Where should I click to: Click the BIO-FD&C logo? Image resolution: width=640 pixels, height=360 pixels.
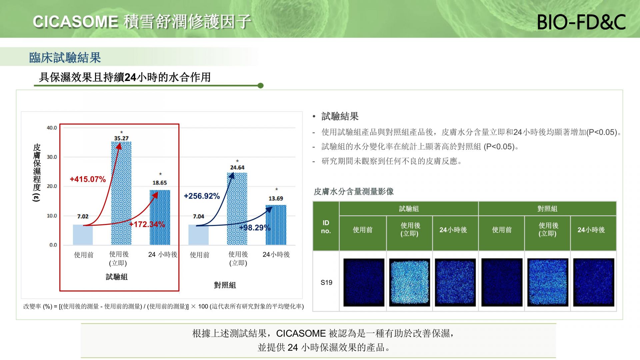(x=581, y=22)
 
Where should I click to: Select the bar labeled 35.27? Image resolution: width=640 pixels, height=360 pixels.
(x=121, y=193)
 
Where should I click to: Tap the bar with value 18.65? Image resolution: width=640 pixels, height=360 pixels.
(x=160, y=218)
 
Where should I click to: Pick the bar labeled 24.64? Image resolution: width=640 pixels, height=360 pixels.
(x=237, y=209)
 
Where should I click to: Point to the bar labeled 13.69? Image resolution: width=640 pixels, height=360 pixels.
(x=276, y=225)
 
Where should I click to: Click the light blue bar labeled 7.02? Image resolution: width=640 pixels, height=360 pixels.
(x=83, y=235)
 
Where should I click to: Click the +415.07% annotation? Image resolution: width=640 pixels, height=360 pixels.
(x=88, y=179)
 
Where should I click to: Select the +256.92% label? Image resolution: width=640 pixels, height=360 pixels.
(x=202, y=196)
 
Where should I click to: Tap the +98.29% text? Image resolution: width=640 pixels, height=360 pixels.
(x=255, y=228)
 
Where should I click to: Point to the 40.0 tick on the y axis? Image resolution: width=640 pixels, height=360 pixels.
(x=52, y=128)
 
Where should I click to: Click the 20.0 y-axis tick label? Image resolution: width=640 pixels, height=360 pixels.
(x=52, y=186)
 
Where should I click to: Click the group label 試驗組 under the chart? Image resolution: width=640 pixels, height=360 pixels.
(x=117, y=277)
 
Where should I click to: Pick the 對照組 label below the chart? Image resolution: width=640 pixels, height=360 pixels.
(x=225, y=285)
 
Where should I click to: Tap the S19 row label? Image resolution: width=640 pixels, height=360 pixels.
(x=326, y=283)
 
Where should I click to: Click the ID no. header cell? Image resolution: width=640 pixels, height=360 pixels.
(x=326, y=227)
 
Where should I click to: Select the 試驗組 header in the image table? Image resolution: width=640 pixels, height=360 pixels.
(x=409, y=209)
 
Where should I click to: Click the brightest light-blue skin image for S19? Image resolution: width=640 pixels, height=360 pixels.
(x=410, y=282)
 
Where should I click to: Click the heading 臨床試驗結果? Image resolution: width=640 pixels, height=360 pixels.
(x=65, y=58)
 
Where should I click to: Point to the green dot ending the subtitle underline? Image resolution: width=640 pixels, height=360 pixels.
(x=261, y=86)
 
